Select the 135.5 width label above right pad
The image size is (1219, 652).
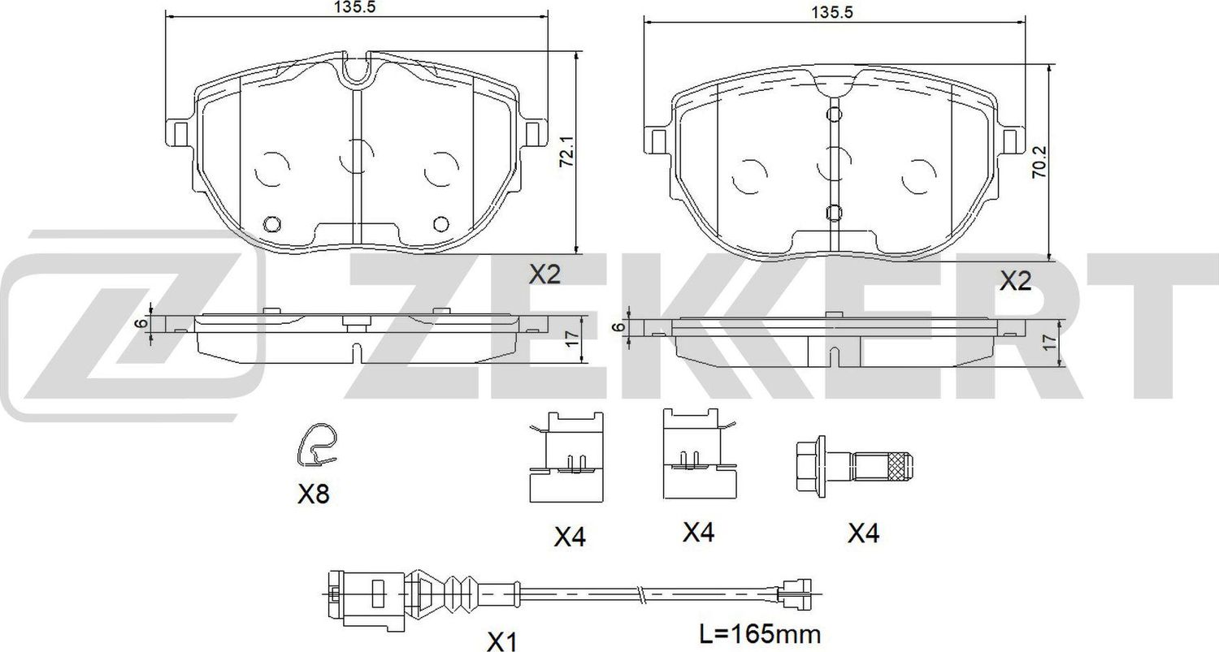(x=835, y=12)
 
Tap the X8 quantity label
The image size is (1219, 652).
(x=313, y=494)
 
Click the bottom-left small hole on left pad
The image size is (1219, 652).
(x=272, y=224)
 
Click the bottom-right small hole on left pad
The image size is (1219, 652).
(x=441, y=224)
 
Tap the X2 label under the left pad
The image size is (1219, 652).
(x=545, y=275)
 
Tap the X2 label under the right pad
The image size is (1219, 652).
(x=1014, y=282)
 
